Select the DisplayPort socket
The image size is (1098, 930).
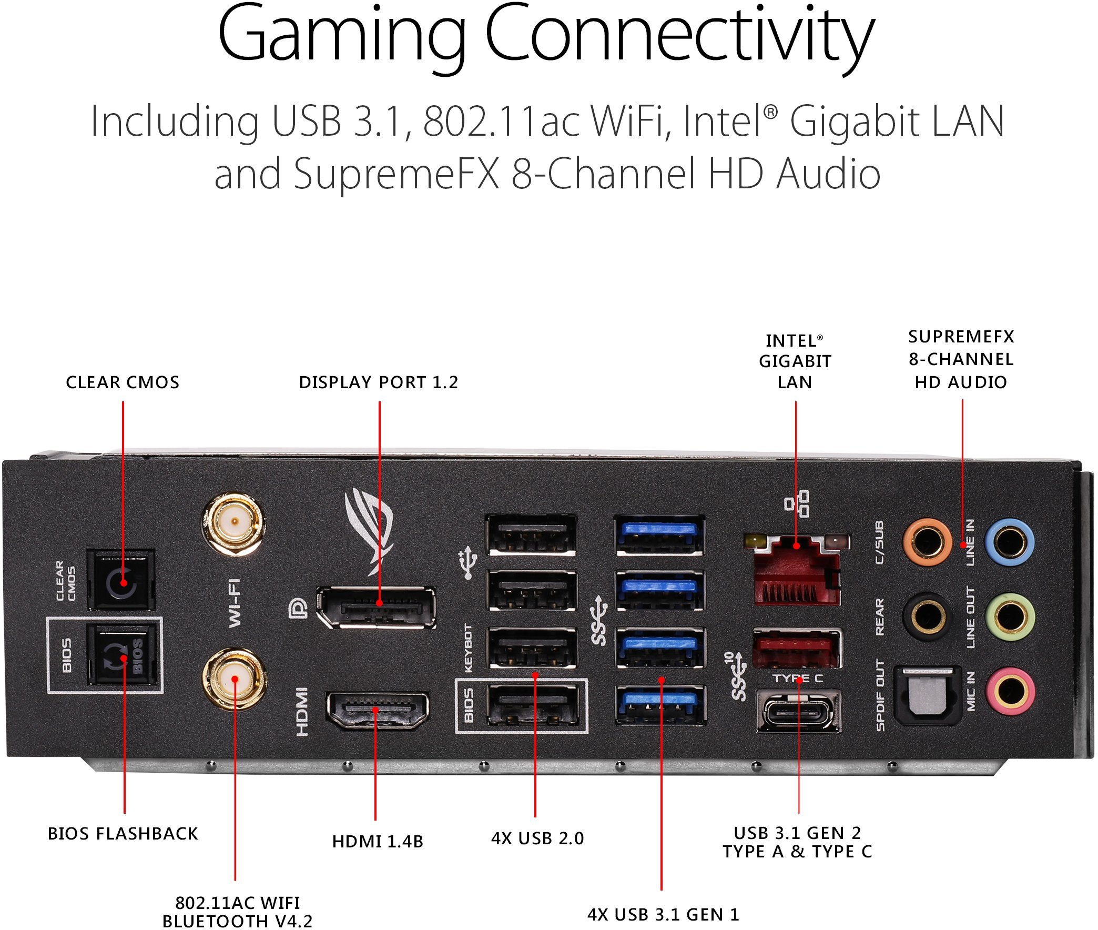(x=377, y=608)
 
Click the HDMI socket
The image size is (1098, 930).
(x=377, y=710)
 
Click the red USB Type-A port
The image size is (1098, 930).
(x=796, y=649)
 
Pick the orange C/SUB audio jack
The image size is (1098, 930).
(x=927, y=542)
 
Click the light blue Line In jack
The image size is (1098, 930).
(x=1009, y=542)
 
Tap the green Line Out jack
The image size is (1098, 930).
(x=1010, y=617)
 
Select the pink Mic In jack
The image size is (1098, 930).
(x=1010, y=692)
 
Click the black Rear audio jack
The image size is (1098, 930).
(x=928, y=616)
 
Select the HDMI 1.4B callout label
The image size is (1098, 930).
(x=378, y=842)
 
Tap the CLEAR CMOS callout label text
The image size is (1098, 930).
(x=123, y=382)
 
